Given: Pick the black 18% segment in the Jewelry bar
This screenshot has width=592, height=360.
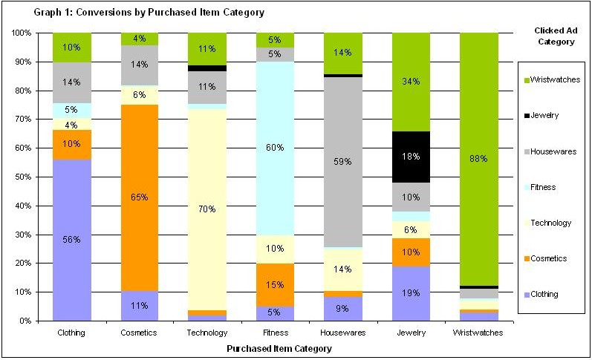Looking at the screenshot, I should tap(411, 157).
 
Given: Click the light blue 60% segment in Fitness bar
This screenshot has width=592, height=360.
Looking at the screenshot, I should tap(275, 148).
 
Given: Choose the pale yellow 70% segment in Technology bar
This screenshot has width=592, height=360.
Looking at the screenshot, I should tap(207, 209).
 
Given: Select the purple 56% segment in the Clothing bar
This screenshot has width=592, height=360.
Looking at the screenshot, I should tap(72, 240).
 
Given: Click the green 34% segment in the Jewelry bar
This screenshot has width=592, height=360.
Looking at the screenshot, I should tap(411, 82).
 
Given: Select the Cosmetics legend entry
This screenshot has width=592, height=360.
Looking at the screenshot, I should tap(549, 258).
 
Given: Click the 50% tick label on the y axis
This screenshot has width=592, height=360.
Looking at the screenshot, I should tap(21, 177).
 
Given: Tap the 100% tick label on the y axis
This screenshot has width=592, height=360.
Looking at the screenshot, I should tap(19, 33).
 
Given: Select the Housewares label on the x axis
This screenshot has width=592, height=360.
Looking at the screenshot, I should tap(343, 333).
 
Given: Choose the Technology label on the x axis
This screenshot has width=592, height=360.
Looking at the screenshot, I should tap(207, 333).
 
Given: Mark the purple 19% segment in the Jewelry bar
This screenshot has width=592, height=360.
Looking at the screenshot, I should tap(411, 293).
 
